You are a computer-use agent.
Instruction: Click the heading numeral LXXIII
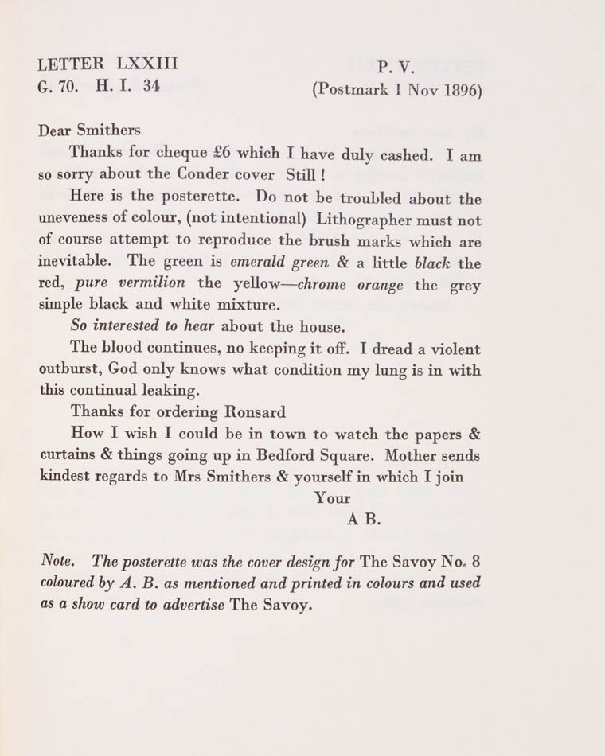147,63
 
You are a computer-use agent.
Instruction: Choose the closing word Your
333,499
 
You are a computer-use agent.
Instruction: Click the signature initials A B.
364,520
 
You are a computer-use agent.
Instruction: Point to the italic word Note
57,561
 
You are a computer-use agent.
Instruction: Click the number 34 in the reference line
151,85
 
